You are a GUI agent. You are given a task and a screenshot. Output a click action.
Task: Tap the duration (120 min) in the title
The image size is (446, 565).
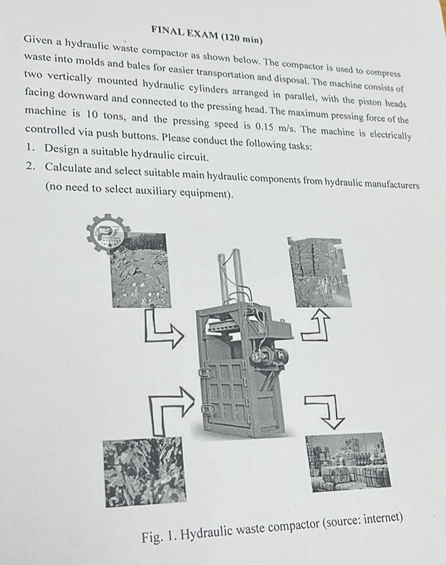[241, 36]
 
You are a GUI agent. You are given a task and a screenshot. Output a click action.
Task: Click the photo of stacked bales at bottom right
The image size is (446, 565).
[348, 462]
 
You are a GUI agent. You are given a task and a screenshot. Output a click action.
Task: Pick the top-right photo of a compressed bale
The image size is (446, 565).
[319, 272]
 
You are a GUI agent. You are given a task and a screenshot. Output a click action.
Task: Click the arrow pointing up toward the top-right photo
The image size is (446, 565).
[317, 325]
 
